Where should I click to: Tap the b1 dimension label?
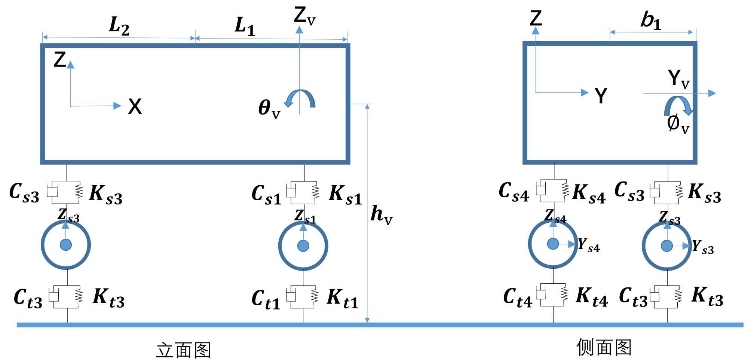tap(650, 20)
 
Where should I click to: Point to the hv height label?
tap(381, 215)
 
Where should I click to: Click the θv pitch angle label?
tap(269, 109)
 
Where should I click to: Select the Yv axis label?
tap(678, 79)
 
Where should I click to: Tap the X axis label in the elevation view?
tap(135, 107)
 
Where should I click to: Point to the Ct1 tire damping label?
tap(266, 300)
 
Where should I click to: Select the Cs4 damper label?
tap(514, 192)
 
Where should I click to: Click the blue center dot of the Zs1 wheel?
tap(303, 246)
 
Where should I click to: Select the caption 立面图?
tap(184, 350)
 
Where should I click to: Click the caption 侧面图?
tap(604, 347)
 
